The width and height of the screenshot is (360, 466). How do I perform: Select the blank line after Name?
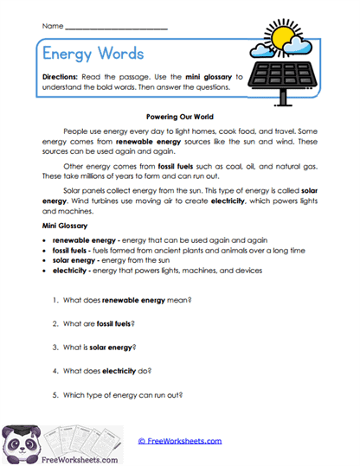(116, 28)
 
